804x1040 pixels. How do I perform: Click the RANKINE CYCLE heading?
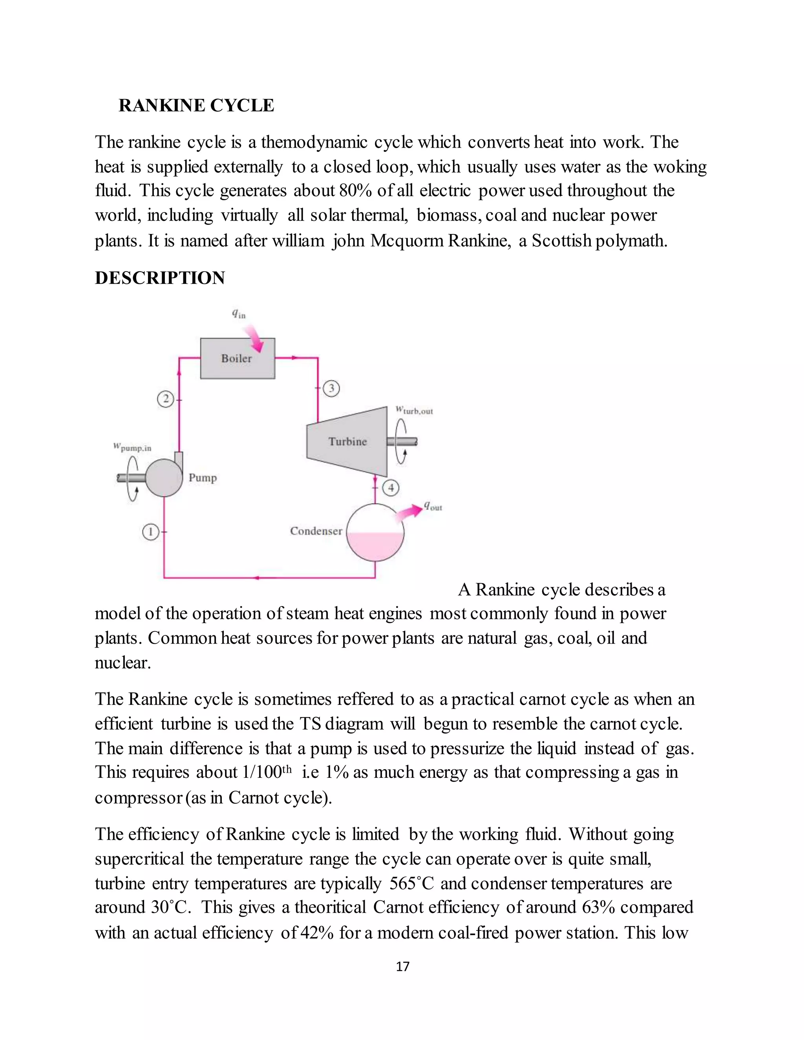(x=196, y=105)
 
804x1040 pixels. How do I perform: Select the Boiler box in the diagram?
(x=237, y=358)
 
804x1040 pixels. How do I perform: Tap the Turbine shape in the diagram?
(x=347, y=442)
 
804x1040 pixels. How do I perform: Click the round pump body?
(x=163, y=478)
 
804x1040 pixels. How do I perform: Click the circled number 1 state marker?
(x=150, y=531)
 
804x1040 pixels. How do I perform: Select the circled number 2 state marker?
(x=165, y=399)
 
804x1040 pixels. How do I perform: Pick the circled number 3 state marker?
(x=331, y=388)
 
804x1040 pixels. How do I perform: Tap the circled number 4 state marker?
(x=391, y=487)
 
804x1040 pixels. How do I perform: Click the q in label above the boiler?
(x=239, y=314)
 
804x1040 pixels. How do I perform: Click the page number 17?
(x=402, y=966)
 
